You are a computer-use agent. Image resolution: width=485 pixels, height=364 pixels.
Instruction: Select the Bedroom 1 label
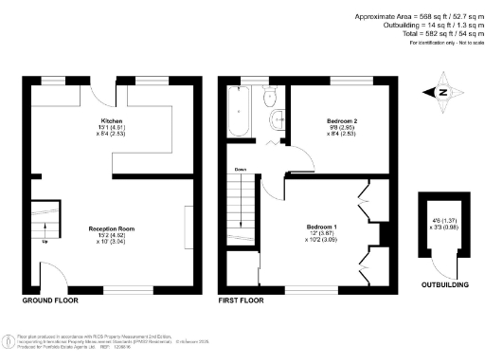319,228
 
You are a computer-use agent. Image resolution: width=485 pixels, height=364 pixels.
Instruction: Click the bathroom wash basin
276,119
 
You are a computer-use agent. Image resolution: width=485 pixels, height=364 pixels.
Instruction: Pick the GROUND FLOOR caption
50,300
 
